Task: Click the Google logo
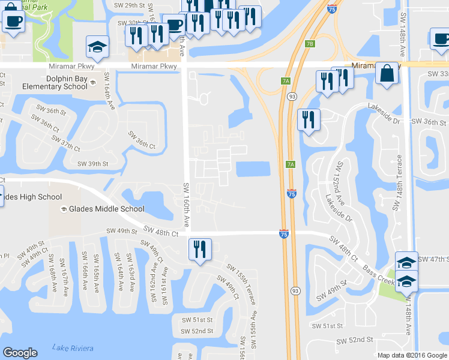tap(20, 353)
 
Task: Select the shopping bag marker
tap(388, 74)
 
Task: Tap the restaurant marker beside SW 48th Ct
tap(199, 250)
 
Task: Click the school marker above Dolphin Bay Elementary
tap(96, 47)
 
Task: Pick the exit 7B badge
tap(310, 44)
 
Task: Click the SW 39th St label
tap(93, 163)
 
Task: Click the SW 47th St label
tap(433, 259)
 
